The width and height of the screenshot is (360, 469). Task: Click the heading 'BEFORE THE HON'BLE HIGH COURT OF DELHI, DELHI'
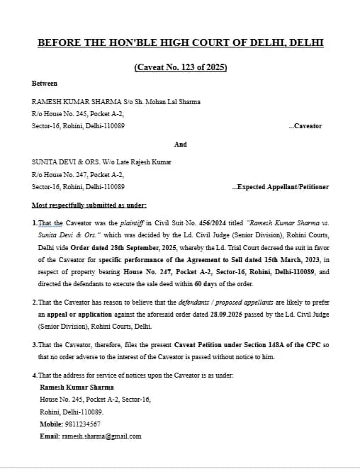[180, 43]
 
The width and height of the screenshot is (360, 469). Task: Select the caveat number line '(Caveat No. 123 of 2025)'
[180, 68]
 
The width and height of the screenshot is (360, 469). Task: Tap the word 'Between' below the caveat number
[45, 84]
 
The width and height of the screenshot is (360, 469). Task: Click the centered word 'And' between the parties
[180, 144]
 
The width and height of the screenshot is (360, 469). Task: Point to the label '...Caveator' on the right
[305, 126]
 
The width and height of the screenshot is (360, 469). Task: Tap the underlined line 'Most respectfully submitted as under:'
[89, 205]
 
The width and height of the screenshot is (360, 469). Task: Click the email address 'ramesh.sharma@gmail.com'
[102, 436]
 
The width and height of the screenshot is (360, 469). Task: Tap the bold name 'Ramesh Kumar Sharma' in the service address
[77, 388]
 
